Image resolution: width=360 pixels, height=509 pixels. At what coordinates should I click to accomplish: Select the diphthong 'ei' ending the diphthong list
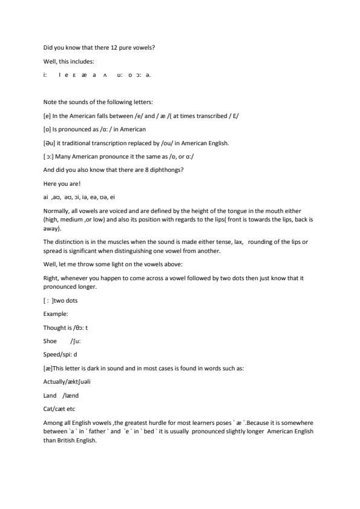tap(112, 197)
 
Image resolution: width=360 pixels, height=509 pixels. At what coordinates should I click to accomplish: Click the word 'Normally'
tap(57, 211)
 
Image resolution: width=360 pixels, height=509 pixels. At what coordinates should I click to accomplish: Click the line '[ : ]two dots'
tap(61, 300)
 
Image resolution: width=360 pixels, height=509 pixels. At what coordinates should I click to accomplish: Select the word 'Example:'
tap(56, 314)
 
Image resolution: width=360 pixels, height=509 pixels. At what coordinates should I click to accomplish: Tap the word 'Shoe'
tap(50, 341)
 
